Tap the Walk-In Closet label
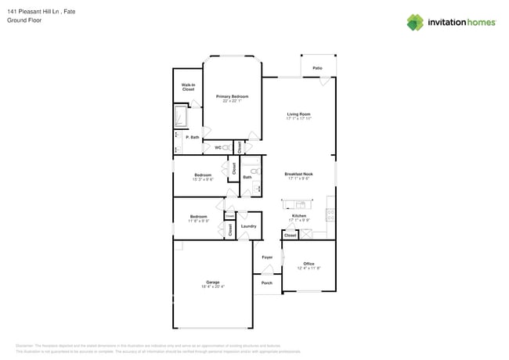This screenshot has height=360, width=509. click(x=188, y=88)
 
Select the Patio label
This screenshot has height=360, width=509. click(x=317, y=68)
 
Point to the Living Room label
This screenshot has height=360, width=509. click(x=298, y=114)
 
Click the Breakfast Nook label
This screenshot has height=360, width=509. click(x=298, y=174)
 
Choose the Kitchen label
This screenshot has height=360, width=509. click(x=299, y=215)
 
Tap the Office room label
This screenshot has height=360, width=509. click(x=309, y=264)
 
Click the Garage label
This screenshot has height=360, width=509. click(x=212, y=282)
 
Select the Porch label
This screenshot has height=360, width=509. click(x=267, y=283)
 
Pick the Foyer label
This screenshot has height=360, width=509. click(x=267, y=257)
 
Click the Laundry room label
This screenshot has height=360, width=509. click(x=248, y=226)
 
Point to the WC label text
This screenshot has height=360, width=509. click(x=218, y=147)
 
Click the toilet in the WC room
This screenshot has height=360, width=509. click(x=226, y=147)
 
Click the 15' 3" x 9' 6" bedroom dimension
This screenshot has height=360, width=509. click(x=203, y=179)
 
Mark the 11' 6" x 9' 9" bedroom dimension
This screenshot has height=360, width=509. click(x=198, y=221)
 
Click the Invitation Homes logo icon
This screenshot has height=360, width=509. click(x=414, y=22)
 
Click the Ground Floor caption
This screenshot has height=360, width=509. click(x=23, y=20)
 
